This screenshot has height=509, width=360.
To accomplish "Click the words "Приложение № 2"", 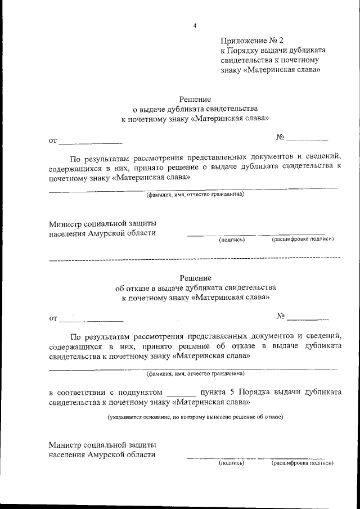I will [x=253, y=40].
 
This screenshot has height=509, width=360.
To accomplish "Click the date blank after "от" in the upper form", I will [x=91, y=141].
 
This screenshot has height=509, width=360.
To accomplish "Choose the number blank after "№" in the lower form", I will [x=308, y=318].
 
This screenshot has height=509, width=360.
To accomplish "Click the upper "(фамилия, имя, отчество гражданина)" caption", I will [x=195, y=195].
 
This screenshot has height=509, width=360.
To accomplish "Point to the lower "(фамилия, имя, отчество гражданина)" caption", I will [x=195, y=373].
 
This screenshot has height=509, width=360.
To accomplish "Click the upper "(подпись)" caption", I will [x=232, y=240].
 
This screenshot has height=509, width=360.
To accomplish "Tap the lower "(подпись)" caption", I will [x=231, y=463].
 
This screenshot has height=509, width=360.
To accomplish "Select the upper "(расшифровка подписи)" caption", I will [x=303, y=239].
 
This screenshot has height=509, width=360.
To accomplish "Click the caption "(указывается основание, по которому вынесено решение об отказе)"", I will [x=195, y=417].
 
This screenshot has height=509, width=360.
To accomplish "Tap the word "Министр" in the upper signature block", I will [x=64, y=224].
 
